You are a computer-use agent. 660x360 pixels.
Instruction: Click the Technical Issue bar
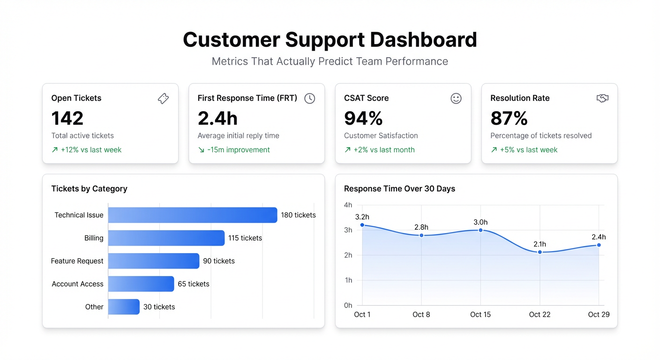coord(192,215)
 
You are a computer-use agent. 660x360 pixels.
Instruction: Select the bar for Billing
coord(166,238)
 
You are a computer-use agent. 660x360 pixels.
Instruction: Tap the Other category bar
coord(124,307)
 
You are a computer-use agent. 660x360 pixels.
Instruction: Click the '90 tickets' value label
coord(219,261)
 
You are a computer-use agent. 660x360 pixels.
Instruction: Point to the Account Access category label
coord(77,284)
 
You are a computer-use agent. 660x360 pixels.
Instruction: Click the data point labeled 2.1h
coord(540,252)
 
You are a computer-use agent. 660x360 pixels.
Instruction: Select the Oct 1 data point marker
coord(362,225)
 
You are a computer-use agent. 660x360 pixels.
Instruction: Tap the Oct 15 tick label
coord(480,315)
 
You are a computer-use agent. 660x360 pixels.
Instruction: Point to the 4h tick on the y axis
coord(348,205)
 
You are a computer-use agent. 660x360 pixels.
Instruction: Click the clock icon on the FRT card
coord(309,98)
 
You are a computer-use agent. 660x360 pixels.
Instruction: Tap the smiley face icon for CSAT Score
coord(456,98)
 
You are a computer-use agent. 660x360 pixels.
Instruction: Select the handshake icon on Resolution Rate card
coord(602,98)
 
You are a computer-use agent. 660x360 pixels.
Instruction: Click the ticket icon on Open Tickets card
coord(163,98)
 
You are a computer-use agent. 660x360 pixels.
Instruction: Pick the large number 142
coord(67,118)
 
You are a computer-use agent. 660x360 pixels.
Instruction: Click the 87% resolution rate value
coord(509,118)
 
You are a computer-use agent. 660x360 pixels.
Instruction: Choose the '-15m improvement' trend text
coord(239,150)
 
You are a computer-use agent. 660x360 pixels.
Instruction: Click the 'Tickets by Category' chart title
coord(89,188)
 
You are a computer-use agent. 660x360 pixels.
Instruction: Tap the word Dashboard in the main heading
coord(423,40)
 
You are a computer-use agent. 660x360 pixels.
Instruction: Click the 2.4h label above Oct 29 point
coord(598,237)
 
